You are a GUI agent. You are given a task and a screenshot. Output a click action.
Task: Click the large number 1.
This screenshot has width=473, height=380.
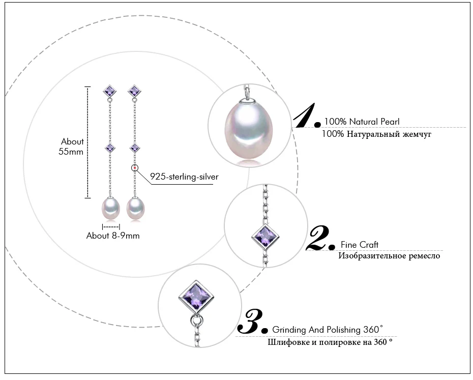coord(306,115)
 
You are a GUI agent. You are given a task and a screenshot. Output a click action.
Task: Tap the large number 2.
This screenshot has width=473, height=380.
coord(320,238)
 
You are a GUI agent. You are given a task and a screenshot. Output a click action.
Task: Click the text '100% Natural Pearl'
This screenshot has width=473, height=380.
coord(362,122)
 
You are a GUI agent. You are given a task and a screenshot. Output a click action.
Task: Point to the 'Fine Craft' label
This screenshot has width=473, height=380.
coord(359,245)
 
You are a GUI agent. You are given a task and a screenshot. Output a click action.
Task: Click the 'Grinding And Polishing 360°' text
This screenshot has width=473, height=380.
coord(328,329)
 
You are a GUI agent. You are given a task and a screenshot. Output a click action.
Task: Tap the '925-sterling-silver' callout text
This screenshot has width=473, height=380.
coord(184,177)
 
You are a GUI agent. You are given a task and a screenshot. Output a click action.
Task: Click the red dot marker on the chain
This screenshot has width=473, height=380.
coord(135,168)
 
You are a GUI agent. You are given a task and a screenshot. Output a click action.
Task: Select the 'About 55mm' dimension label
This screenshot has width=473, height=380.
coord(71,147)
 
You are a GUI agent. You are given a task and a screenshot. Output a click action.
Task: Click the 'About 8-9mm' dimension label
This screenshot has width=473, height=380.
coord(113,236)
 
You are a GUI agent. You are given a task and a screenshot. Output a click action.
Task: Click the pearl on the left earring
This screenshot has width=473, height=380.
coord(111,208)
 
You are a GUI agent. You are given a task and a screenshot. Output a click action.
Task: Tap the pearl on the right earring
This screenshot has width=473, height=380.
coord(135,208)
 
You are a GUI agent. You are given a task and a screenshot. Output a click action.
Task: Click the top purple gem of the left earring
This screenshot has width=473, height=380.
coord(110,91)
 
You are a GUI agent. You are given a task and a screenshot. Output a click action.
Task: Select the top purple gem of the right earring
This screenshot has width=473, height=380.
coord(134,91)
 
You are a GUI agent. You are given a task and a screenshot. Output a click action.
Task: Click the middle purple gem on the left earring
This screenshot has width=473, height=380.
coord(110,148)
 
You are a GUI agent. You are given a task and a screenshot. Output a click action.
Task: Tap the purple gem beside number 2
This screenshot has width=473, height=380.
coord(265,237)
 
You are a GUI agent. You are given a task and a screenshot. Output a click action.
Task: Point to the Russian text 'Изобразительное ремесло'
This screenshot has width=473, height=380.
coord(389,256)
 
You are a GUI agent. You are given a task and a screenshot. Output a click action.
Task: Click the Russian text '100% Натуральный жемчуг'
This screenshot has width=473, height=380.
coord(376,134)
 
